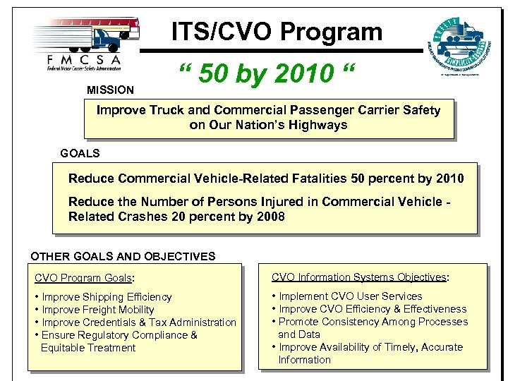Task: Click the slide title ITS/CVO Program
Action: pyautogui.click(x=277, y=31)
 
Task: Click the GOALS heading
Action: pyautogui.click(x=80, y=153)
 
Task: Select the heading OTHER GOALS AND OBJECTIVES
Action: pyautogui.click(x=123, y=256)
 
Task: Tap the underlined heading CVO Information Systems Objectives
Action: pyautogui.click(x=361, y=277)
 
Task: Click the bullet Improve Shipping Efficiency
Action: pyautogui.click(x=107, y=297)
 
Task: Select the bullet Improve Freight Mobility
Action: pyautogui.click(x=98, y=310)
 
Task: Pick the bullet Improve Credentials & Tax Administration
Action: pyautogui.click(x=139, y=322)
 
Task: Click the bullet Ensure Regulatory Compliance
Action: pyautogui.click(x=119, y=335)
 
